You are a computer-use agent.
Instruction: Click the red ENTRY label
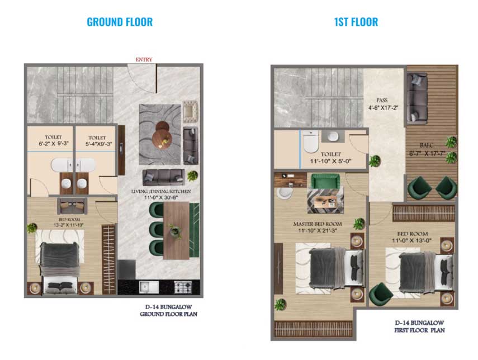[144, 59]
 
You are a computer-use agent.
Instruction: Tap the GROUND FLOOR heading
[120, 22]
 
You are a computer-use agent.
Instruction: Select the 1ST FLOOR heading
[356, 22]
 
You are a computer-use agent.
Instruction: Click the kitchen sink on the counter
[149, 287]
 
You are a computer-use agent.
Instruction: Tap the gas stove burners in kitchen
[183, 287]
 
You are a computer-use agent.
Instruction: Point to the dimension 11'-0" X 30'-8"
[161, 197]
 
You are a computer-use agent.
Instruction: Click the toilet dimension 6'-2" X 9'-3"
[54, 143]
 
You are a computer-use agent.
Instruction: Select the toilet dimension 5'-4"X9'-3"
[98, 144]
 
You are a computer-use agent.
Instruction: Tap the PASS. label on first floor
[382, 100]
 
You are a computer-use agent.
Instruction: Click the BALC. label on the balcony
[427, 145]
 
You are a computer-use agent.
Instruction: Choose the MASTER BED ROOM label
[318, 224]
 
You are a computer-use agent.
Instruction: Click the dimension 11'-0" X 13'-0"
[412, 240]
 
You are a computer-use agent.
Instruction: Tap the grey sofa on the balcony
[417, 98]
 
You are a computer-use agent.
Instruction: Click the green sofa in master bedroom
[325, 181]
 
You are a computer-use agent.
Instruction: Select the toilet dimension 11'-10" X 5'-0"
[331, 161]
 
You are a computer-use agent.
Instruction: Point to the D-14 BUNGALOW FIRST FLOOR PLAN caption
[419, 326]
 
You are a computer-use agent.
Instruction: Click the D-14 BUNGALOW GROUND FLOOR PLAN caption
[169, 310]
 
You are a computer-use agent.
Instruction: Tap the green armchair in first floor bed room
[381, 295]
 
